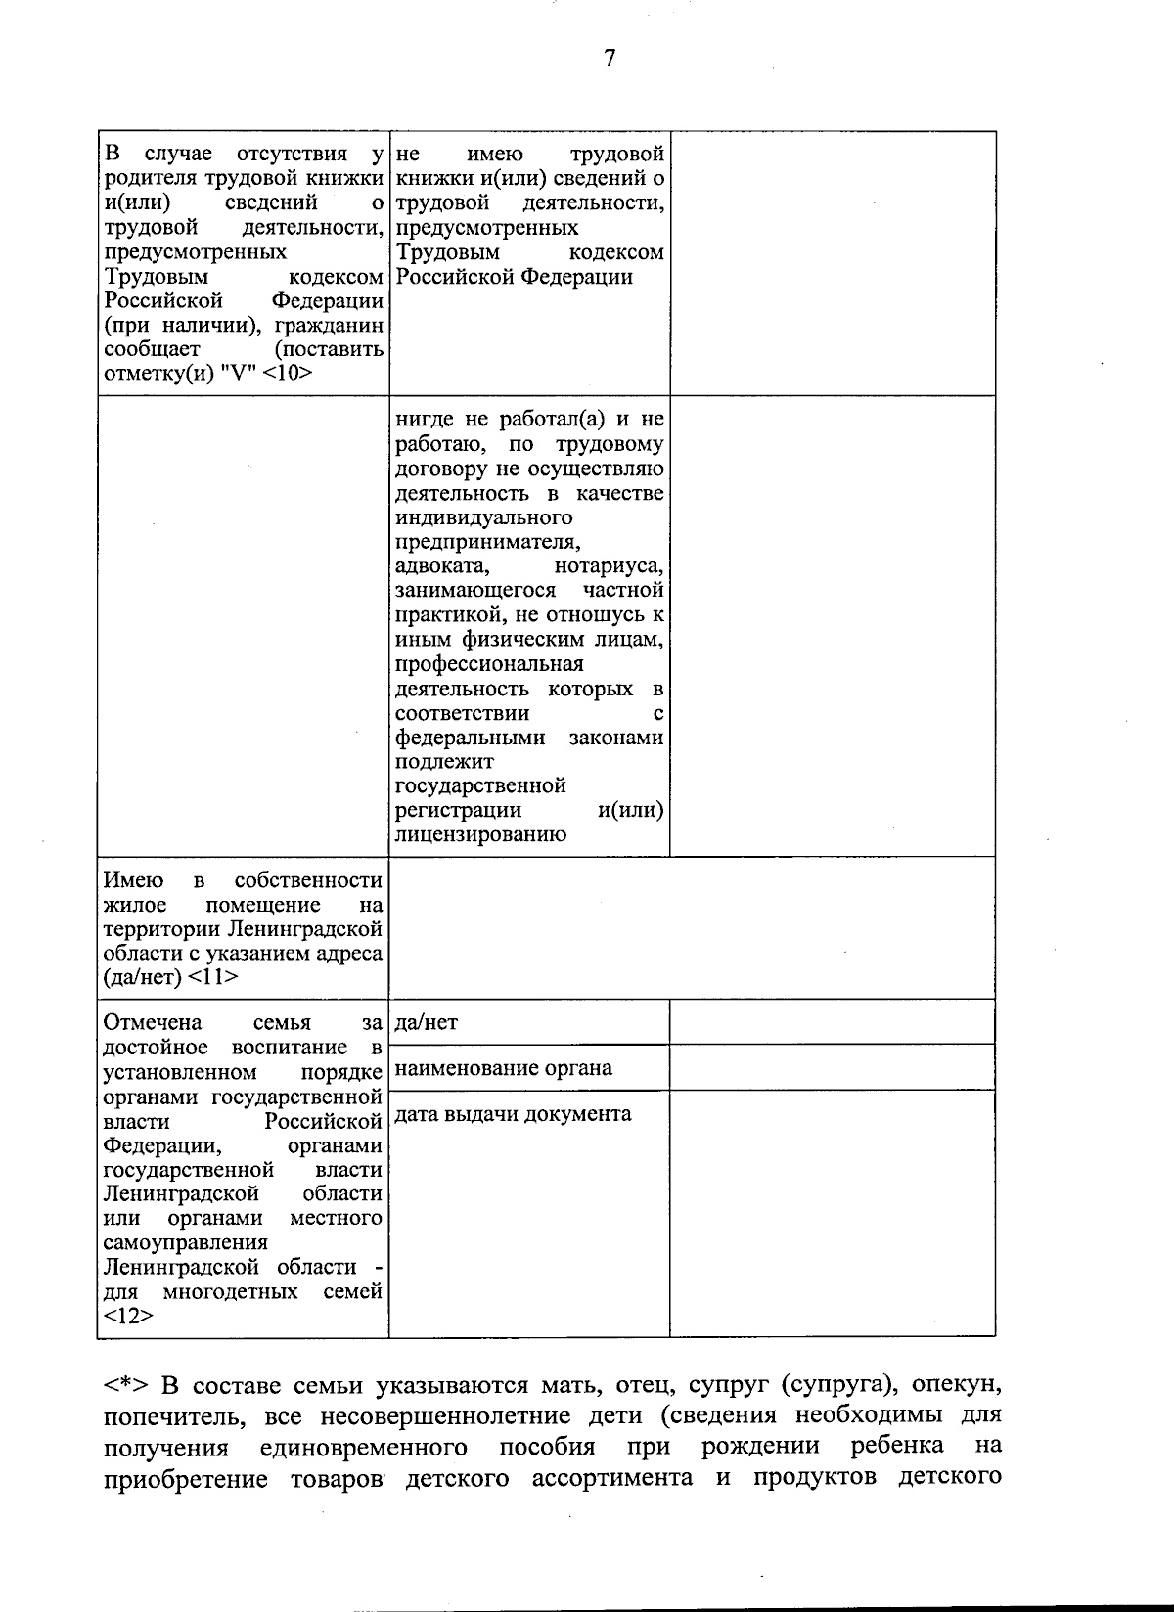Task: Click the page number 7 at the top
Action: (x=609, y=58)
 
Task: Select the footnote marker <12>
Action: (x=128, y=1316)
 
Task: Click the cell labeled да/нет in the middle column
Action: (x=427, y=1023)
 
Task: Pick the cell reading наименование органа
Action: (x=504, y=1068)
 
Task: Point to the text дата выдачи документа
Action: (x=513, y=1113)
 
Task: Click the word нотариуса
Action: (x=609, y=566)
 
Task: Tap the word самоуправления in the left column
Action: (x=185, y=1242)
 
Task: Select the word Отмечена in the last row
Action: (x=153, y=1023)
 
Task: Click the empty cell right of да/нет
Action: (x=832, y=1022)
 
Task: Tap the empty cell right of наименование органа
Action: (x=832, y=1067)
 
